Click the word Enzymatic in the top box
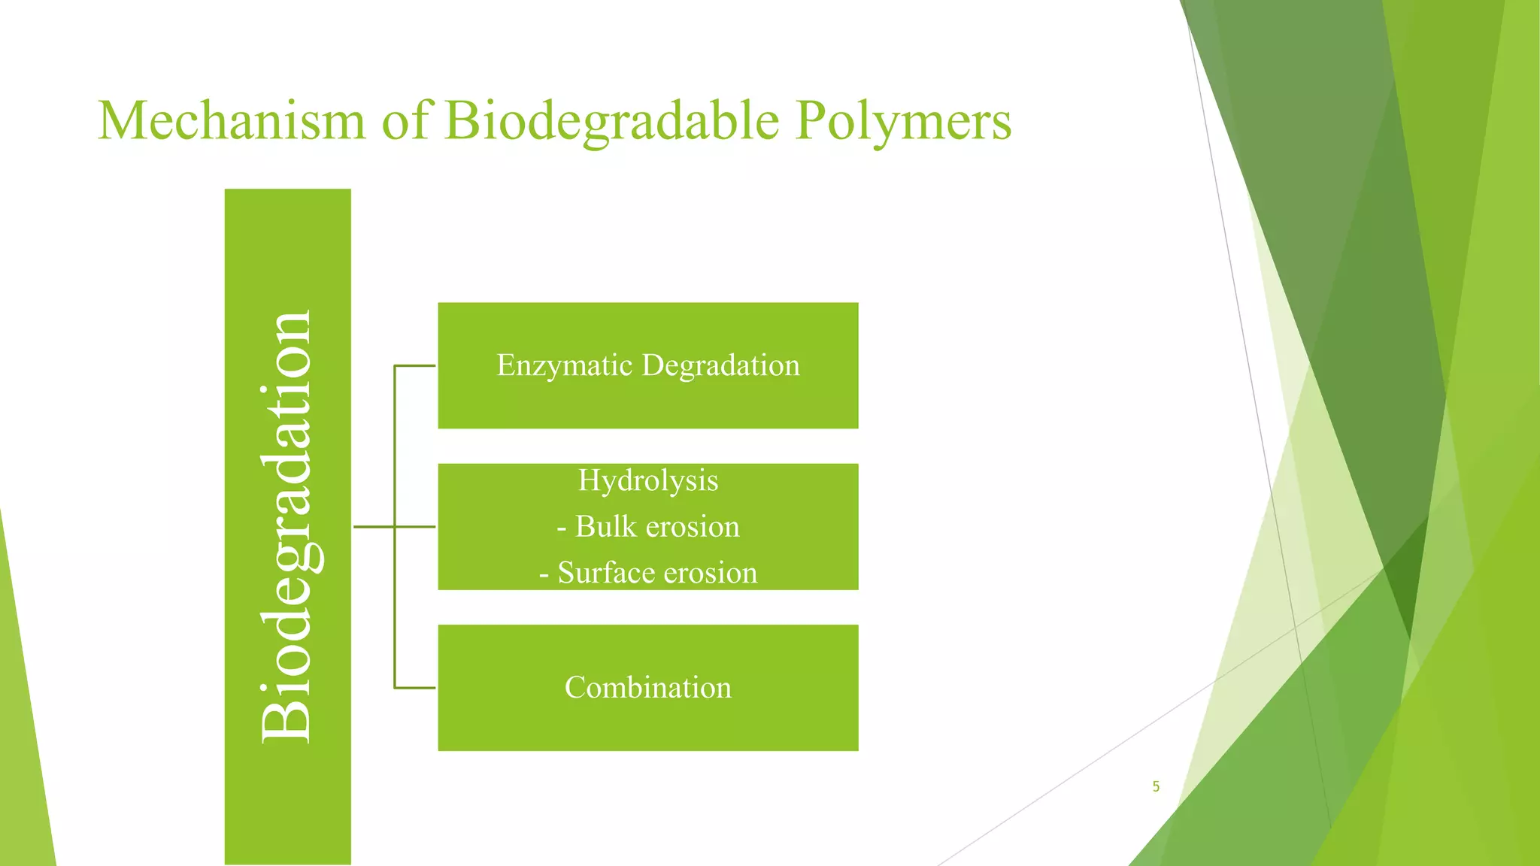(x=564, y=365)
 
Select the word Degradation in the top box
(x=720, y=365)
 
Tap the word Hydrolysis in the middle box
(x=647, y=480)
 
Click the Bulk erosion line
(x=647, y=526)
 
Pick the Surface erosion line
(x=647, y=573)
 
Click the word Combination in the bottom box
(x=647, y=687)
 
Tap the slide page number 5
(x=1156, y=787)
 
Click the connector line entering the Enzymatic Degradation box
(x=415, y=366)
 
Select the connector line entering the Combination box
(x=415, y=688)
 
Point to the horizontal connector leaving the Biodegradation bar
(x=374, y=527)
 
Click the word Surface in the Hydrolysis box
(x=605, y=573)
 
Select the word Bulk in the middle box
(x=606, y=526)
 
